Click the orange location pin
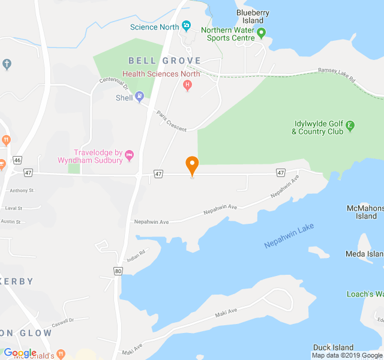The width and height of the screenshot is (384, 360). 192,164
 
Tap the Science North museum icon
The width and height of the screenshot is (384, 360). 186,26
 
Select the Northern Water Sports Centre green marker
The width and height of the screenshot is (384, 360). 261,33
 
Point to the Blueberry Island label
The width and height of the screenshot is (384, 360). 253,16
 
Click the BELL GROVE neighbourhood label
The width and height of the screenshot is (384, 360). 155,61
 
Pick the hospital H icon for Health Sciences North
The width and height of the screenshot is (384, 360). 187,85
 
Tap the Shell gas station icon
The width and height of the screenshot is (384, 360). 139,95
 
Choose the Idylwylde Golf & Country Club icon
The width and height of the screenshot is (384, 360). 350,126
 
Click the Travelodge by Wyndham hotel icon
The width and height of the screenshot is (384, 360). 129,156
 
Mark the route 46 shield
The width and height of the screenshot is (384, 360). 17,160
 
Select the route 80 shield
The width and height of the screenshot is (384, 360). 118,271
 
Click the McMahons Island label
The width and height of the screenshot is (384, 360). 365,212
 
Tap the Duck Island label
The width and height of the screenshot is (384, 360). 333,347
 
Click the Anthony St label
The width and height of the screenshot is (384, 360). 22,190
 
